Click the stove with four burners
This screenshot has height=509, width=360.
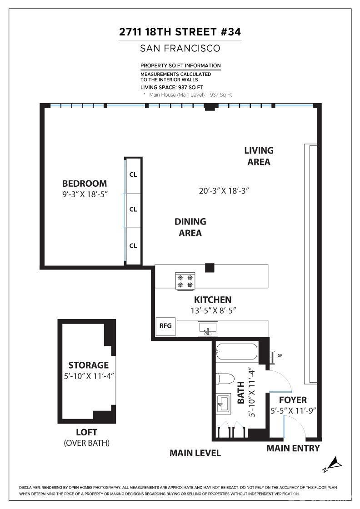point(185,280)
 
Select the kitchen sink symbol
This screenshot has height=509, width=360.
point(208,328)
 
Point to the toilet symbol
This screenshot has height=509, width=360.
point(225,379)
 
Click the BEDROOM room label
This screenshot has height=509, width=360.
point(85,184)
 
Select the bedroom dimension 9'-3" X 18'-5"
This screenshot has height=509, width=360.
point(85,194)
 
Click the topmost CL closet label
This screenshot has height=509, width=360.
point(133,174)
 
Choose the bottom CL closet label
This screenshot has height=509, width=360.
point(133,246)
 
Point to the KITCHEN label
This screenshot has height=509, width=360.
point(213,300)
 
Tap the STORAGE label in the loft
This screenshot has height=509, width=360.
point(89,365)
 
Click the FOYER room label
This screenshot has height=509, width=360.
point(293,400)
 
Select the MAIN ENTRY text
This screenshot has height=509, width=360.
point(293,449)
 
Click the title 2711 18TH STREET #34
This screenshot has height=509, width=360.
point(180,32)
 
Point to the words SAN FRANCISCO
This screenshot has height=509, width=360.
point(180,48)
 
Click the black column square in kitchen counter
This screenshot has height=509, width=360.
point(210,268)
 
